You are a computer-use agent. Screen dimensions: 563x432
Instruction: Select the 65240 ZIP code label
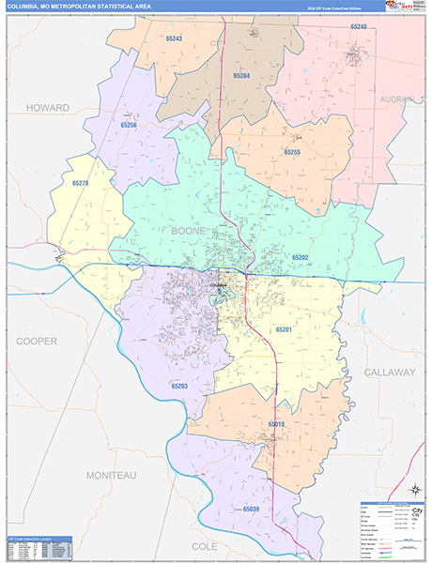359,27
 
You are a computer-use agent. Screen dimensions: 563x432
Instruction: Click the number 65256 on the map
129,125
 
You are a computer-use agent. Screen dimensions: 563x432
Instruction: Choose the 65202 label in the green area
300,256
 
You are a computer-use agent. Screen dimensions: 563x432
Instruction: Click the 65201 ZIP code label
285,329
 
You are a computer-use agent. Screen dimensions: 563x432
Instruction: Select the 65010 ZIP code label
276,425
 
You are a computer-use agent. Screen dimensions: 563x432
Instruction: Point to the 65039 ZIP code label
251,509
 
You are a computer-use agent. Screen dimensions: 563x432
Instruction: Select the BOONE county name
188,230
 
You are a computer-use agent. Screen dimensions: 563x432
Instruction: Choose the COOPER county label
37,341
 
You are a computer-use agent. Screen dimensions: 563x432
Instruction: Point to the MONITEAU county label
111,476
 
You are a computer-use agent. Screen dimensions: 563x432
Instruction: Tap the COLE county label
204,545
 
